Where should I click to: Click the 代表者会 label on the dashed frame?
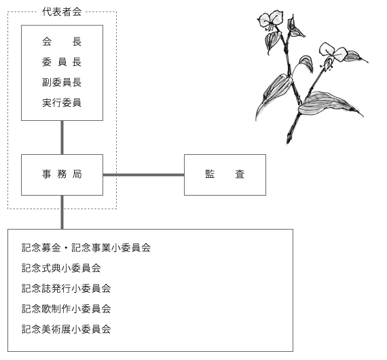[62, 12]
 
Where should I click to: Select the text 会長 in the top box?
[62, 41]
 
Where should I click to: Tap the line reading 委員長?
[62, 62]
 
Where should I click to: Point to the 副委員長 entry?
[62, 82]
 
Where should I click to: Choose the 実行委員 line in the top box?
[62, 103]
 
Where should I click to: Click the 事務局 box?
[62, 175]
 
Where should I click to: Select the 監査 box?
[225, 175]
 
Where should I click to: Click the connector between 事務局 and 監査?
[143, 175]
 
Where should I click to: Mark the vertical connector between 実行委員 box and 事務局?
[62, 137]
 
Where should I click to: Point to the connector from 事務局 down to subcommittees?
[62, 212]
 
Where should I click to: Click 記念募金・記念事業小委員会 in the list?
[86, 248]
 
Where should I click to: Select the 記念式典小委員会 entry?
[61, 268]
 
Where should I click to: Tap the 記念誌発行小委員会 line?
[66, 289]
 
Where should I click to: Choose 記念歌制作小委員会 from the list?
[66, 308]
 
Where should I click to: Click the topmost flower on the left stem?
[270, 20]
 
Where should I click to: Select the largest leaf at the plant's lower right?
[328, 104]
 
